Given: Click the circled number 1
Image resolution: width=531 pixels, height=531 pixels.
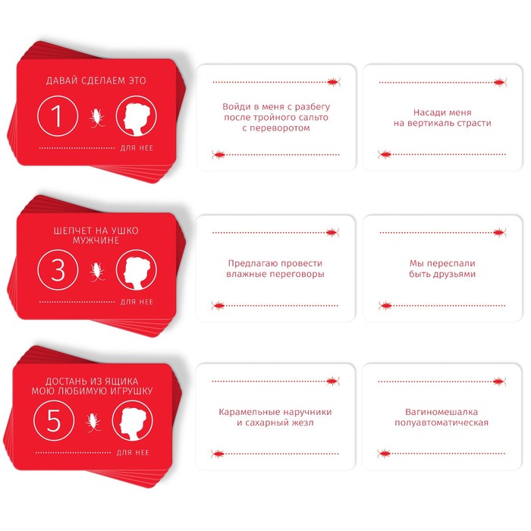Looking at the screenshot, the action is coord(58,116).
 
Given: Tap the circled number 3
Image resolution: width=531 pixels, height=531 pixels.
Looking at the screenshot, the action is coord(58,270).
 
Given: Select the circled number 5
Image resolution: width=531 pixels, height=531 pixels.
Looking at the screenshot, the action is coord(54,420).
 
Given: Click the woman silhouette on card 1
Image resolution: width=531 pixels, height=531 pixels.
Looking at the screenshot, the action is coord(136,116).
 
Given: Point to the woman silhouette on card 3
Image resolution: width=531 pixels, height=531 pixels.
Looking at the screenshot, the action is coord(136,270).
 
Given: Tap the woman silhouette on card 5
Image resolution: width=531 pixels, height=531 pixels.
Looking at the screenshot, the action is coord(133,420).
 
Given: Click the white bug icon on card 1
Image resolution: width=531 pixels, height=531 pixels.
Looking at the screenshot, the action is coord(97,117).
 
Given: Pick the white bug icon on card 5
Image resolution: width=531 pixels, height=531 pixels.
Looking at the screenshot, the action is coord(93,423).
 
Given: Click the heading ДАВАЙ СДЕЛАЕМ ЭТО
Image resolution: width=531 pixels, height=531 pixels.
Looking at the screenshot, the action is coord(96,80).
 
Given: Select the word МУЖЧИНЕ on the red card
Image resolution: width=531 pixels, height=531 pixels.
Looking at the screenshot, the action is coord(96,240).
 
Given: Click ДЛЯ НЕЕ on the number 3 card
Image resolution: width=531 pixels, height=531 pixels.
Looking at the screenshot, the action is coord(137,302).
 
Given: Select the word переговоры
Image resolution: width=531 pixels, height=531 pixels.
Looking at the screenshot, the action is coord(298,275).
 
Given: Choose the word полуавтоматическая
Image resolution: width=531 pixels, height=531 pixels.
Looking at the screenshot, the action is coord(441,423).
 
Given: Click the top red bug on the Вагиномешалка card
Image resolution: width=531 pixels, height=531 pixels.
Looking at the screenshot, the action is coord(499,382).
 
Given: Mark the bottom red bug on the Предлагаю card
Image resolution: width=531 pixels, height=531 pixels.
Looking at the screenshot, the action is coord(218,306).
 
